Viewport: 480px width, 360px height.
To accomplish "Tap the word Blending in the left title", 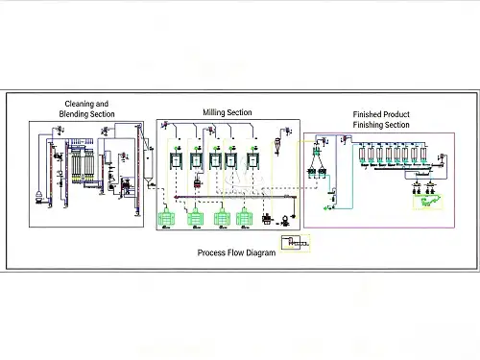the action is point(73,114).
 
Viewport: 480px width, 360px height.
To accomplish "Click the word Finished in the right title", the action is point(367,114).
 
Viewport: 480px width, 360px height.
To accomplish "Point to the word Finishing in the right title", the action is point(369,125).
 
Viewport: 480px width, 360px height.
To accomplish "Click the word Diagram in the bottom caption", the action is point(261,252).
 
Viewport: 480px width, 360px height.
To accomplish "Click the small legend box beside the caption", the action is point(296,243).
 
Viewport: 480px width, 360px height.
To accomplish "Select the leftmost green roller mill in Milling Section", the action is point(166,218).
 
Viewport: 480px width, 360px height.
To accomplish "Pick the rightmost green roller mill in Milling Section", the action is point(244,218).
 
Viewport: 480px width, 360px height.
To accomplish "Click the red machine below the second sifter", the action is point(198,183).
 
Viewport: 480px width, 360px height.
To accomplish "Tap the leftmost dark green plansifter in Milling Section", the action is point(176,160).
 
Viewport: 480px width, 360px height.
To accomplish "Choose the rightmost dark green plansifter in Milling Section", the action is point(252,160).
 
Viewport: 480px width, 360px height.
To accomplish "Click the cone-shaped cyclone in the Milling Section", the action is point(277,147).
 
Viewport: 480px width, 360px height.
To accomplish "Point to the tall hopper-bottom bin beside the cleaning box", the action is point(148,165).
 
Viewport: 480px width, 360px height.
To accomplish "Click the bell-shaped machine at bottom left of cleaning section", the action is point(38,197).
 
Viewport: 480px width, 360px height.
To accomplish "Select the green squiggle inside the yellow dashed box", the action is point(428,202).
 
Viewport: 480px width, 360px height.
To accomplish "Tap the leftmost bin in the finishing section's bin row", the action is point(362,155).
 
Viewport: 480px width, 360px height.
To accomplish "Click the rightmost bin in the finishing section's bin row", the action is point(423,155).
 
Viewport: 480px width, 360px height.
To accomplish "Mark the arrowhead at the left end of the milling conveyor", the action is point(176,197).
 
